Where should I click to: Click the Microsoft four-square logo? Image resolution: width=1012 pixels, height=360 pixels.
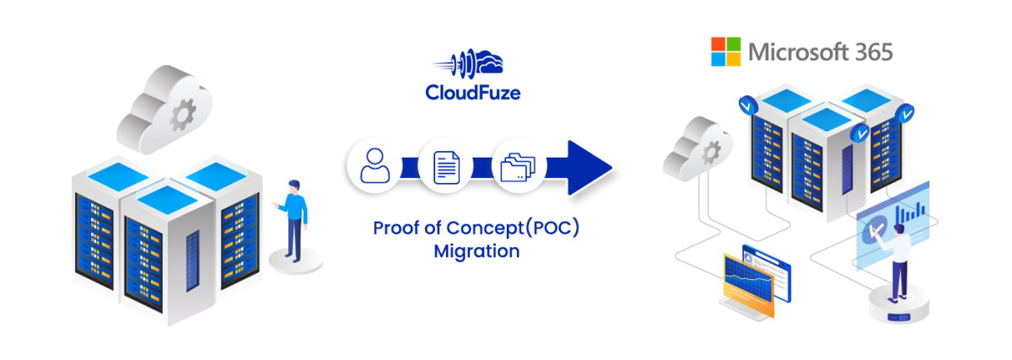pyautogui.click(x=726, y=52)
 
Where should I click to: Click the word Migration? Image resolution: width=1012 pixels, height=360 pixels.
pyautogui.click(x=476, y=251)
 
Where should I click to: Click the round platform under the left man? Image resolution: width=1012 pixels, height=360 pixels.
pyautogui.click(x=295, y=261)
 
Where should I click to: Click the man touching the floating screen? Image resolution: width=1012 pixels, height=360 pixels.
pyautogui.click(x=897, y=261)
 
